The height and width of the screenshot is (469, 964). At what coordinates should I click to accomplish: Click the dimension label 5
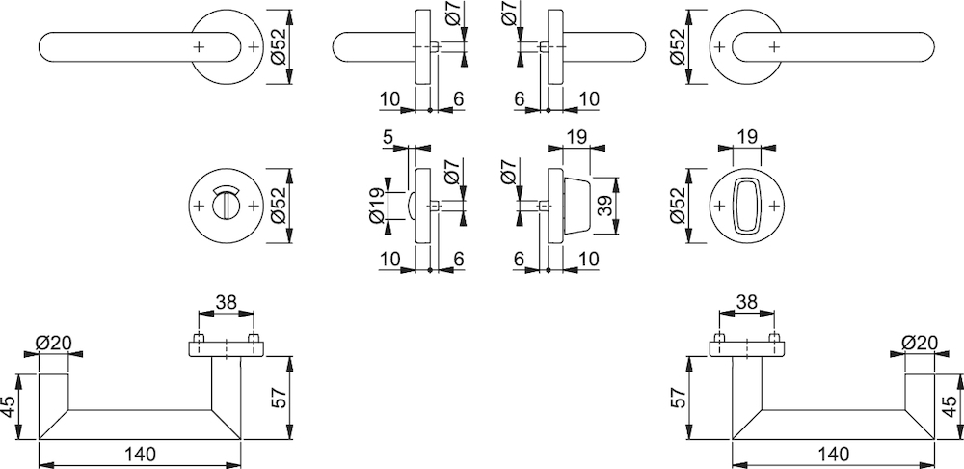[x=388, y=137]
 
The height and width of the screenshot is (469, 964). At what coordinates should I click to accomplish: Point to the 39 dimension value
[x=606, y=207]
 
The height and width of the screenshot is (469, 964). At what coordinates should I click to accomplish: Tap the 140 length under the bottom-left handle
[x=140, y=455]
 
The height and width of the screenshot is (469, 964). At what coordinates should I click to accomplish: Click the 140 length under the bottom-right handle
[x=833, y=455]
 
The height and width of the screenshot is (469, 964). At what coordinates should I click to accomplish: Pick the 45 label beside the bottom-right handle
[x=951, y=407]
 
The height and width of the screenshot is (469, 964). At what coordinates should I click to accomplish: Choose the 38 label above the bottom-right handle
[x=746, y=302]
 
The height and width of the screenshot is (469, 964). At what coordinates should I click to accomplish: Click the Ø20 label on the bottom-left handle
[x=53, y=344]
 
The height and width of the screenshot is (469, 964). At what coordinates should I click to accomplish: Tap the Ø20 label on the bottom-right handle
[x=921, y=344]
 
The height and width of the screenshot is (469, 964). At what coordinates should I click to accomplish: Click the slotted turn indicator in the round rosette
[x=226, y=204]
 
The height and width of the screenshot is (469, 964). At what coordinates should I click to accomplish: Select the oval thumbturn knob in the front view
[x=746, y=206]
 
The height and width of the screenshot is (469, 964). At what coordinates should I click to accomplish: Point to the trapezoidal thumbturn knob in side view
[x=576, y=206]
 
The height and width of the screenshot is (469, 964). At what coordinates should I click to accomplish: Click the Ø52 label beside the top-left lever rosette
[x=278, y=46]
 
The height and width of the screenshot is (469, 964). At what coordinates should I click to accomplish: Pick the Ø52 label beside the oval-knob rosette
[x=677, y=206]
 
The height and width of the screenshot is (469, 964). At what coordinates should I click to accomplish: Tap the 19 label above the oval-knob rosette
[x=746, y=137]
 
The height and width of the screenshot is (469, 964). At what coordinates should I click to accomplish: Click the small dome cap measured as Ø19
[x=412, y=206]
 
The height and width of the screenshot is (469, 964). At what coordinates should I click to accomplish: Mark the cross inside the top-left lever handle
[x=198, y=46]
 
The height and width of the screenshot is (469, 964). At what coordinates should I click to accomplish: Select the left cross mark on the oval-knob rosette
[x=718, y=206]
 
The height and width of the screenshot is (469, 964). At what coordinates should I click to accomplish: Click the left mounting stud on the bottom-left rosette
[x=199, y=338]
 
